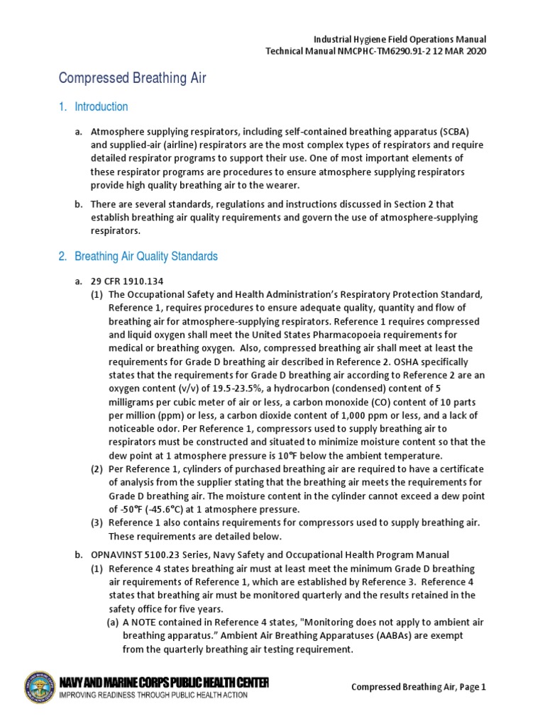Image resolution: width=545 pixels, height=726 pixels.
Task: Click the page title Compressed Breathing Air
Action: (x=132, y=78)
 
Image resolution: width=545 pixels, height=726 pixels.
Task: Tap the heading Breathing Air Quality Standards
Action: (x=145, y=256)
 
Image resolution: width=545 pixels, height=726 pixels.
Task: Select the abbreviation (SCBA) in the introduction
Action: (x=445, y=132)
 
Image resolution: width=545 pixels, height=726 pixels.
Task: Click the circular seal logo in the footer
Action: (x=41, y=686)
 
